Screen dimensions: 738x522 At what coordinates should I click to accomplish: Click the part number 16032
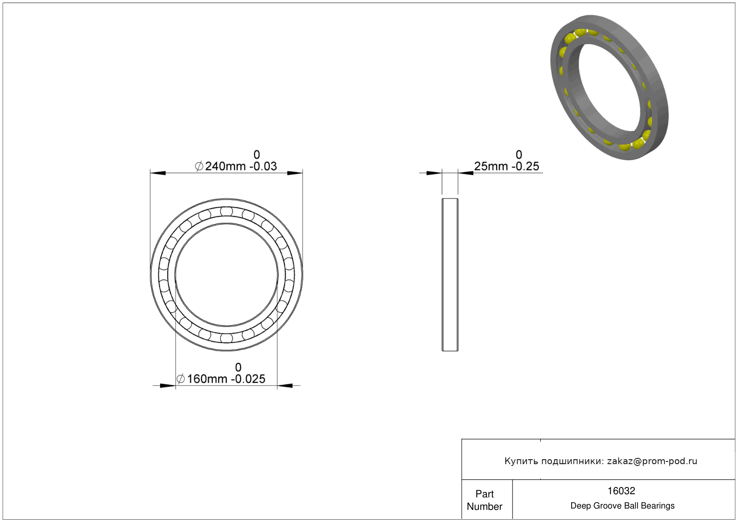621,491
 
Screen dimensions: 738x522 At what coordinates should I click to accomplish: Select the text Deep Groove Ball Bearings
622,506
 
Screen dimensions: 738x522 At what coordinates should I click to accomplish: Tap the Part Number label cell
484,500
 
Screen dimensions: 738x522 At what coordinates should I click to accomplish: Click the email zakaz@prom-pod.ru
652,461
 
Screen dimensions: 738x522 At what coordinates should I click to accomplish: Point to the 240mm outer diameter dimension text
226,166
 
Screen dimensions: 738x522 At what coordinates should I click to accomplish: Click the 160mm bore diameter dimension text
207,379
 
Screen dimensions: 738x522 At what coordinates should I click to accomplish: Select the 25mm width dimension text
491,166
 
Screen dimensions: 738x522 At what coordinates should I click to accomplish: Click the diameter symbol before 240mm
199,166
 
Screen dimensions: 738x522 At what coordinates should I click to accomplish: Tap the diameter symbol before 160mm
181,379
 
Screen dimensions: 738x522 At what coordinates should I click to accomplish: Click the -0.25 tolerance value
525,166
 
